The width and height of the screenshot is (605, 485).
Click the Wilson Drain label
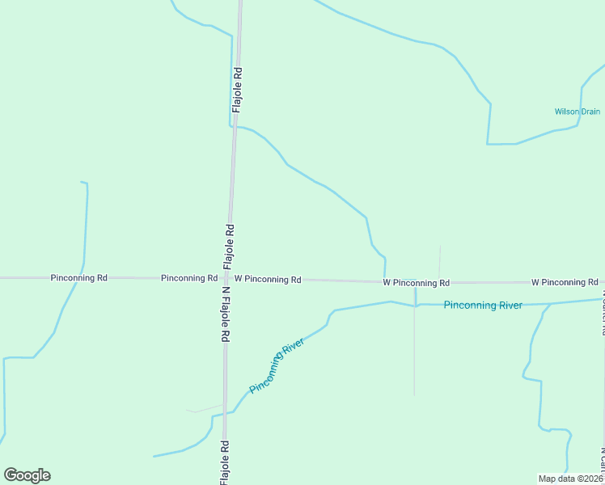[577, 112]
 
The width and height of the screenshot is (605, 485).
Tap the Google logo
[27, 475]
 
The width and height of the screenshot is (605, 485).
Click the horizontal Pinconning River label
[483, 306]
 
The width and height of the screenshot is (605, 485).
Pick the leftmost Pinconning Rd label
[78, 277]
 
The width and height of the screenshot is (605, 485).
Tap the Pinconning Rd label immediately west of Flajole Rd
[189, 277]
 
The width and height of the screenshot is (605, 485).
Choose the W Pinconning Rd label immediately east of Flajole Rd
[268, 279]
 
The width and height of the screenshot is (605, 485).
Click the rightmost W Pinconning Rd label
[565, 282]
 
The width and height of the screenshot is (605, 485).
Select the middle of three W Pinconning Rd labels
[416, 283]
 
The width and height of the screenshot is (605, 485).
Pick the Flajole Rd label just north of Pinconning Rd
[229, 247]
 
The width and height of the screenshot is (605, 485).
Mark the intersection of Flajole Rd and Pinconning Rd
[228, 278]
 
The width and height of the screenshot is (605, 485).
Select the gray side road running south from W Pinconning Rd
[415, 356]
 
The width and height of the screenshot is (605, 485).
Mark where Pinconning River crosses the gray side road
[415, 306]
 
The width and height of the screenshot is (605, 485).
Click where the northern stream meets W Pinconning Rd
[384, 281]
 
